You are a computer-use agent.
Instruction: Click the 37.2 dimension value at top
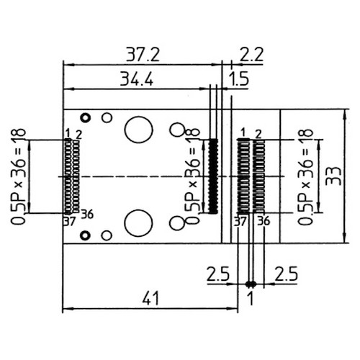143,54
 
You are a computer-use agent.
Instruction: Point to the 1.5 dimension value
239,80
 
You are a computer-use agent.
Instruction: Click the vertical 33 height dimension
332,176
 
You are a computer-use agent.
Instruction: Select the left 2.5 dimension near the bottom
218,274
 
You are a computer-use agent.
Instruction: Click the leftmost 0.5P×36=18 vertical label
19,177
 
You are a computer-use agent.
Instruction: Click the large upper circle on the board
138,130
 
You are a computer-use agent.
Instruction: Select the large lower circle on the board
138,223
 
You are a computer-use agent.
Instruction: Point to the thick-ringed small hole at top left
85,117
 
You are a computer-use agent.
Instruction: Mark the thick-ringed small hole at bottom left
85,235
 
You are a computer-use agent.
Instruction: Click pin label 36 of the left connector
87,214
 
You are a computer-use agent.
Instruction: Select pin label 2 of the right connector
258,133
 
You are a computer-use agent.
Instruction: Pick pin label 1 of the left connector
67,133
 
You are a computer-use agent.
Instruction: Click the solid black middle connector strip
212,176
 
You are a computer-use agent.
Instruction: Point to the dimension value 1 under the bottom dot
250,296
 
